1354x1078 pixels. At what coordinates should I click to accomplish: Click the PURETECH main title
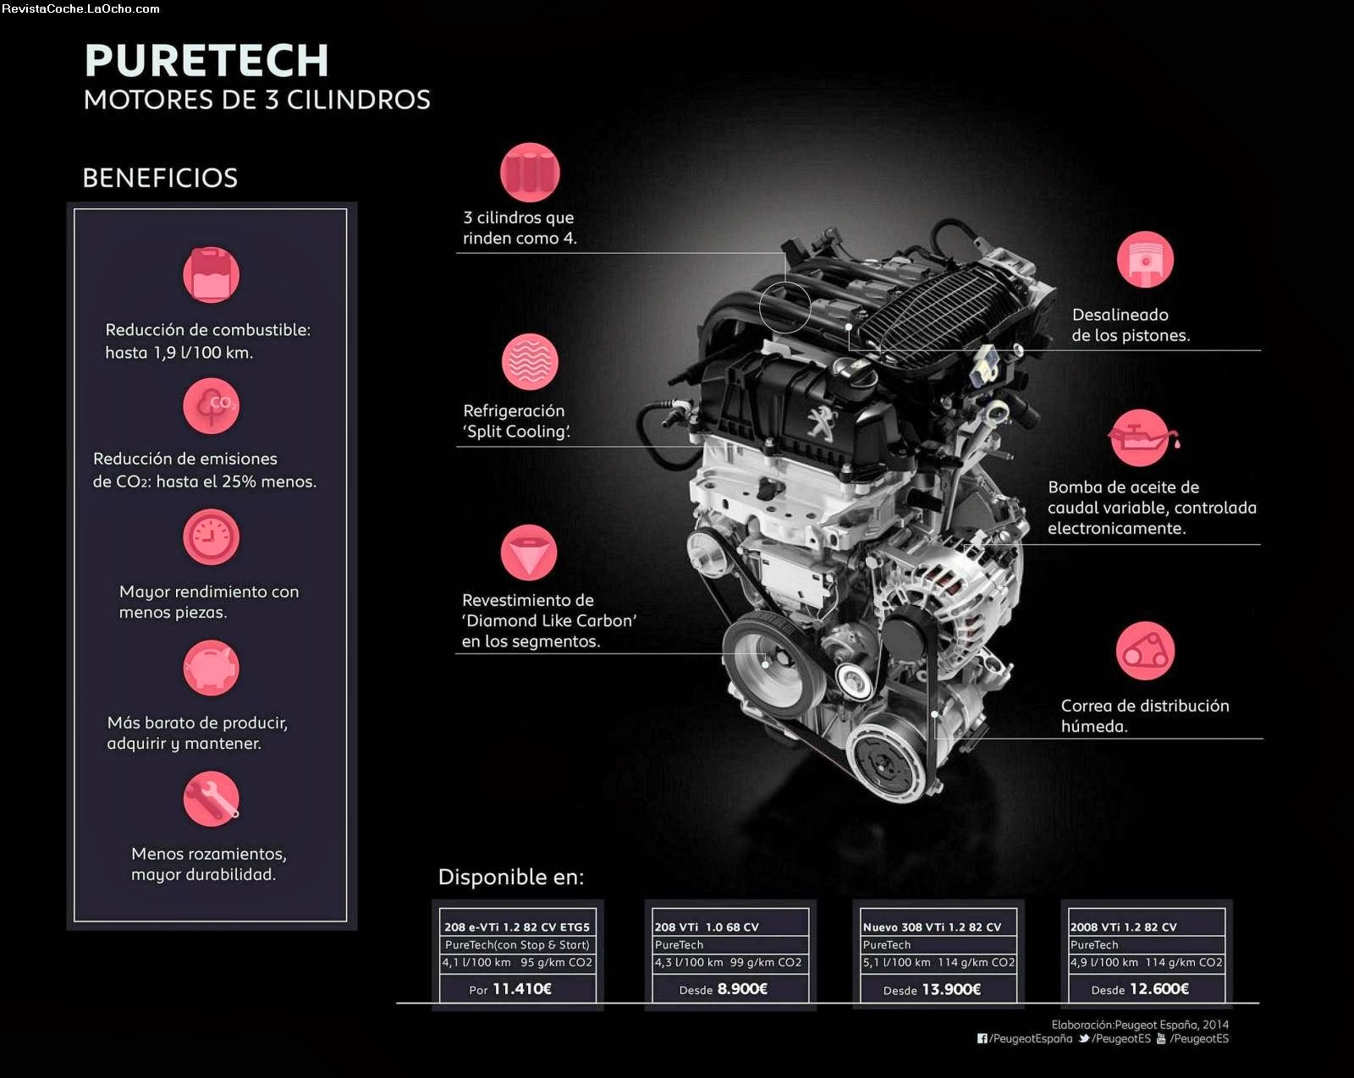206,61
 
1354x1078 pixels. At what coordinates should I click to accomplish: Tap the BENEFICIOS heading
160,178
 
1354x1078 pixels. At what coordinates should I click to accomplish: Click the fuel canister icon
211,275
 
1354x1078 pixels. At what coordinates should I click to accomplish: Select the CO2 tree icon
211,406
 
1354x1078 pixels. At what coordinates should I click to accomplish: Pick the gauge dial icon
211,537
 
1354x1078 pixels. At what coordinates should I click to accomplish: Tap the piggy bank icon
211,668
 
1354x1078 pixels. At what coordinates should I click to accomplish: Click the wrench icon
211,800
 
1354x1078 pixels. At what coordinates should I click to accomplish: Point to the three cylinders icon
530,173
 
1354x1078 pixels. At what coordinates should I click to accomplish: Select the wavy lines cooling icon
530,362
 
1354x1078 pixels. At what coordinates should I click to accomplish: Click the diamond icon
529,553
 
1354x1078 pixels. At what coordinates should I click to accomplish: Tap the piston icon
1145,260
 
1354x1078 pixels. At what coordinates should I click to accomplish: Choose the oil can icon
1142,438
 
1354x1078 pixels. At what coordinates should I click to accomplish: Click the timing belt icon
1145,652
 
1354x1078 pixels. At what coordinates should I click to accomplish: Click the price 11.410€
521,989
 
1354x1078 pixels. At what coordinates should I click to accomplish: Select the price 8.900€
742,989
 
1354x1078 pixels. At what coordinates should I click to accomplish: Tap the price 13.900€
950,989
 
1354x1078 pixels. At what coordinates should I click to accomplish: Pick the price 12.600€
1159,989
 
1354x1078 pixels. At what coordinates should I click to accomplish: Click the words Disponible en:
511,877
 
